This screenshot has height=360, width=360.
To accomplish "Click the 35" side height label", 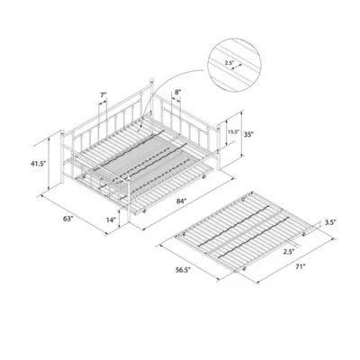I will point(249,136).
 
